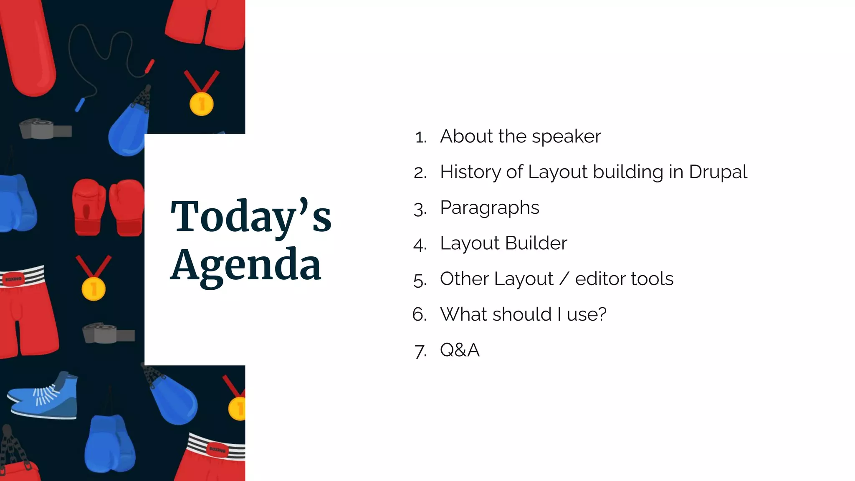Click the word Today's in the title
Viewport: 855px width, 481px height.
pos(250,217)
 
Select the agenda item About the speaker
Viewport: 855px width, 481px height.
pos(520,137)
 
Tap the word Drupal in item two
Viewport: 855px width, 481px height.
pos(718,172)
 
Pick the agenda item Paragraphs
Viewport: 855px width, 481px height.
pos(489,208)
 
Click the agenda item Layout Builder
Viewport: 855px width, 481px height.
pos(503,243)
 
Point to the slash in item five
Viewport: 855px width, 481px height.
pos(564,279)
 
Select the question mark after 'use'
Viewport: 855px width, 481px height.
pos(602,314)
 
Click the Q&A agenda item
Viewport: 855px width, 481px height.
pos(460,350)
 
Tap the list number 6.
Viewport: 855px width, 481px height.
pos(419,314)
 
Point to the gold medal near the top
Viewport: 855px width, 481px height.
pos(201,103)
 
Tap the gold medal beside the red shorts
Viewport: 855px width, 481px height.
pos(94,289)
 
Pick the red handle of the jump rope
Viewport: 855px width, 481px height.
pos(149,66)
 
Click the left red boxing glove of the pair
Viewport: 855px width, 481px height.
pos(89,206)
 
